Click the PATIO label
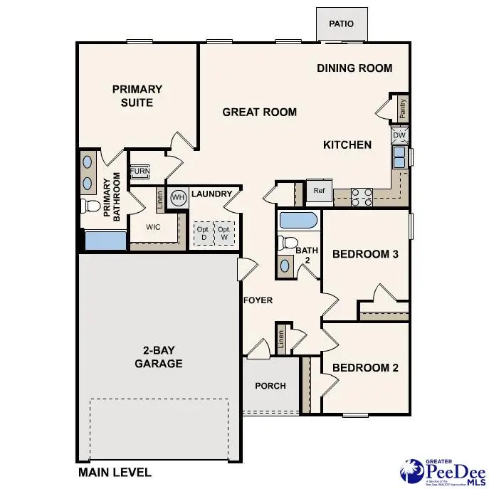point(341,24)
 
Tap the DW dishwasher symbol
point(399,135)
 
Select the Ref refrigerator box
point(318,191)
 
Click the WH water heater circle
point(178,197)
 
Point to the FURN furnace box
point(140,172)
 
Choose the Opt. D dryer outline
point(203,233)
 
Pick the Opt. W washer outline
point(224,233)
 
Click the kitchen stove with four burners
point(362,196)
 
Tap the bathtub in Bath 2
point(299,219)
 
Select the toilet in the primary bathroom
point(90,206)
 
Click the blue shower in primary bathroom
point(105,240)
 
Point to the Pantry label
point(403,109)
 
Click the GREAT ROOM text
point(259,112)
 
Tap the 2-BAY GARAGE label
point(159,357)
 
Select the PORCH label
point(270,386)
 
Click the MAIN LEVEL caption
point(115,472)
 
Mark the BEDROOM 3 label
point(365,254)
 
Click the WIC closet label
point(152,228)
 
